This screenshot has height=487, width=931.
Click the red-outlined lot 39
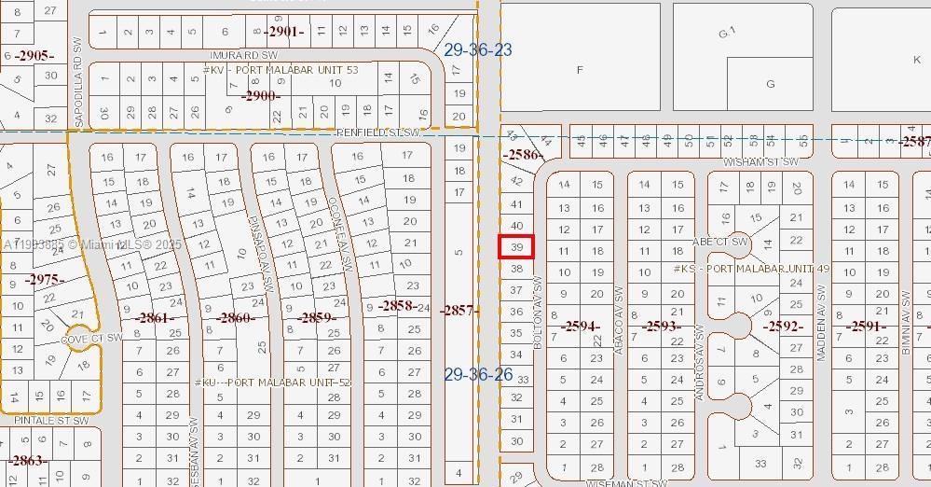(x=517, y=247)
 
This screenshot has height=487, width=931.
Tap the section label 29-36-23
(x=478, y=49)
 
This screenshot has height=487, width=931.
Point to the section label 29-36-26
(x=478, y=375)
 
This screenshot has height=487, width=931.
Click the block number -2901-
(x=284, y=32)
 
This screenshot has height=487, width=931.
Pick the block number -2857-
(x=459, y=310)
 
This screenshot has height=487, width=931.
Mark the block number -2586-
(x=523, y=154)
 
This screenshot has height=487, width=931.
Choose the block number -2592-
(x=783, y=327)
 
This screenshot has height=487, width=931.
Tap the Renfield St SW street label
(x=378, y=133)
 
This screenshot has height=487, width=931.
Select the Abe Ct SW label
(x=720, y=242)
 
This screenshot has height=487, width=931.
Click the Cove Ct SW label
(x=92, y=338)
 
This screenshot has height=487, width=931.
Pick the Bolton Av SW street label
(x=538, y=313)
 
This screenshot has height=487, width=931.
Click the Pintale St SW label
(x=51, y=421)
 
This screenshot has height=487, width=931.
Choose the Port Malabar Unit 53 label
(x=280, y=70)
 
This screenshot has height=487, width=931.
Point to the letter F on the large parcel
(x=581, y=70)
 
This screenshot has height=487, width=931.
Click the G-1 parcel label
(x=728, y=34)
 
